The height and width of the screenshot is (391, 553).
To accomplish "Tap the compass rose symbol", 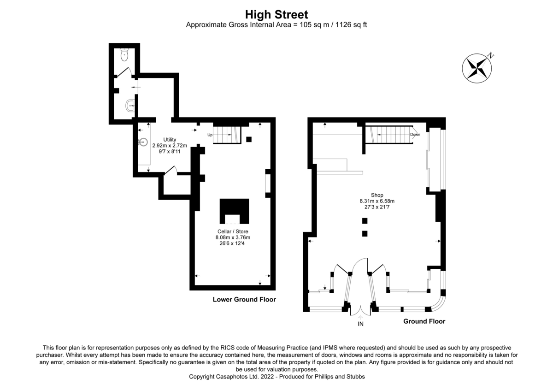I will coord(477,68).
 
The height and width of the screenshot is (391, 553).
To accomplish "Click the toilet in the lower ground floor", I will coord(124,55).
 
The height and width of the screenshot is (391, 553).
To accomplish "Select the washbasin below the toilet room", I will coord(130,106).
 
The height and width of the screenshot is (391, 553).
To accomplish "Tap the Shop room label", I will coord(377,195).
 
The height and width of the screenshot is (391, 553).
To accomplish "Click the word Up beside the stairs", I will coord(210,135).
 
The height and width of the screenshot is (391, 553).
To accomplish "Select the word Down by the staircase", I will coord(415,135).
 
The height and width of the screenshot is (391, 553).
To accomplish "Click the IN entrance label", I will coord(361,324).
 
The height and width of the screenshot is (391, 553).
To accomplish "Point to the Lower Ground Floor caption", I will coord(244,300).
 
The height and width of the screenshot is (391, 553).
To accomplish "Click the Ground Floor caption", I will coord(424,321).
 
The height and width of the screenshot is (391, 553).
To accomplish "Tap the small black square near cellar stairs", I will coord(249,139).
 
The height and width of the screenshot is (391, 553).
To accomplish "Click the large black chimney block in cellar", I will coord(234,206).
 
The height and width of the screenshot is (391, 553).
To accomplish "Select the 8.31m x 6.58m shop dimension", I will coord(377,201).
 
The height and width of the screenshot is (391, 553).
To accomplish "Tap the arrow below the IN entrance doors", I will coord(361,317).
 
